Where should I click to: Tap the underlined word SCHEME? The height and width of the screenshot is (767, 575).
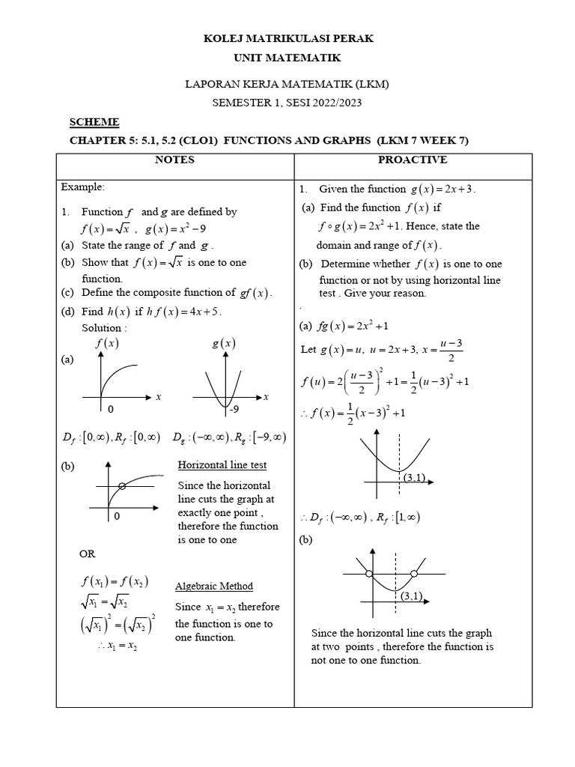point(94,122)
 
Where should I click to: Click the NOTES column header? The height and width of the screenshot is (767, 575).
point(174,160)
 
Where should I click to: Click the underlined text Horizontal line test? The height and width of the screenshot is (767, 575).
point(222,465)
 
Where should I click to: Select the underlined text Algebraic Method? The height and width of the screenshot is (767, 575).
point(214,586)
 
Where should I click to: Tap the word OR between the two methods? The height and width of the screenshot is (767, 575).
point(88,554)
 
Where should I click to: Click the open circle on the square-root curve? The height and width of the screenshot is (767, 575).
point(122,486)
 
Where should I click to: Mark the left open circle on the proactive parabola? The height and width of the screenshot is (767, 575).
point(368,574)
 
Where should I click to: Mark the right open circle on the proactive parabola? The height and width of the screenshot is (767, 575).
point(416,574)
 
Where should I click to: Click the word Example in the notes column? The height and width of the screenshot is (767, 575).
point(83,186)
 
